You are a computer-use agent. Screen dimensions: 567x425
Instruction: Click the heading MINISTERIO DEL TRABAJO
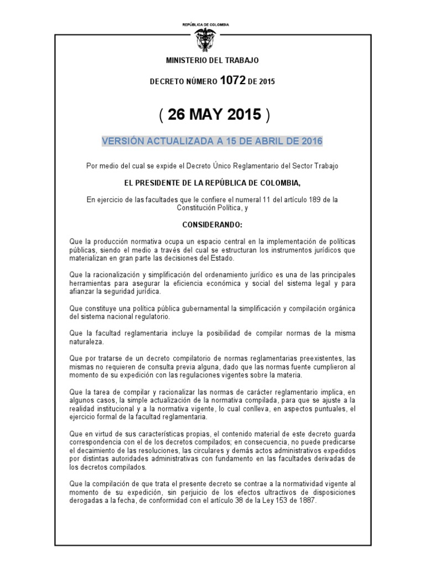212,60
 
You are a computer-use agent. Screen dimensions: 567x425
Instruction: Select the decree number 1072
232,81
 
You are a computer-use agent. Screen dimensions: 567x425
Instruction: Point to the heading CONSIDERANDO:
212,226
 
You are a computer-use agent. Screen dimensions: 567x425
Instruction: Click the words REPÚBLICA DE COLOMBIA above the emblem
205,25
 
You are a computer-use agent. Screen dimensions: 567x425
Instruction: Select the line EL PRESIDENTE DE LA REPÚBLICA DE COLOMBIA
212,181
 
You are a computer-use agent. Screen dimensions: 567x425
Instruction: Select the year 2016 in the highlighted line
310,141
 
